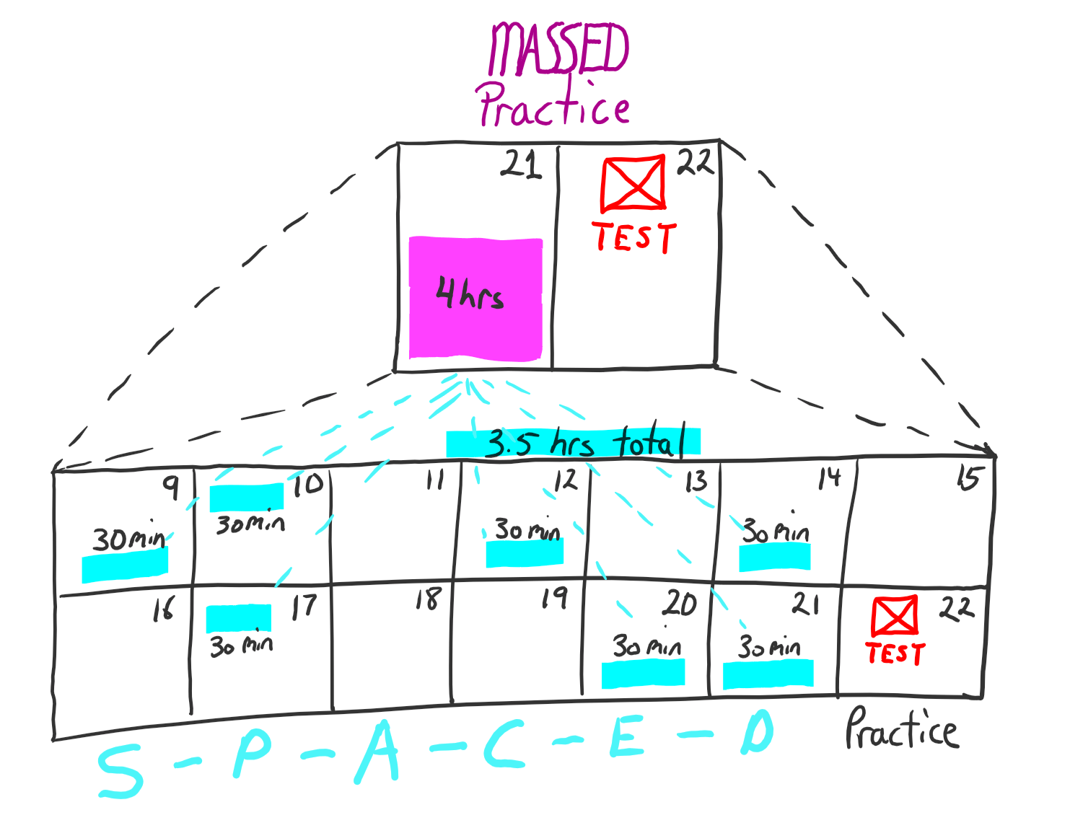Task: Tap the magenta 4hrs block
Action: point(475,298)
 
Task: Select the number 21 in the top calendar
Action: point(522,164)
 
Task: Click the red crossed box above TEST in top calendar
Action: point(633,183)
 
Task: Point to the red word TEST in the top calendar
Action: point(634,237)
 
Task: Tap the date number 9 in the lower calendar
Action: point(171,487)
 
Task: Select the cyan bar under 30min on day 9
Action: point(125,565)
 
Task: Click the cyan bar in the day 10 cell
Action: point(247,497)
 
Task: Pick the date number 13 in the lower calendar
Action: point(696,481)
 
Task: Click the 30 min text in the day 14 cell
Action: point(776,532)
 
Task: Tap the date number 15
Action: point(968,478)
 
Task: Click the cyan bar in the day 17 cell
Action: point(239,618)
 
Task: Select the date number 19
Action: point(555,597)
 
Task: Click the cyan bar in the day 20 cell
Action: point(643,672)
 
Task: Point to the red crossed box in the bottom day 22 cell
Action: point(895,616)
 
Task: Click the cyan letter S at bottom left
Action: point(120,772)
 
